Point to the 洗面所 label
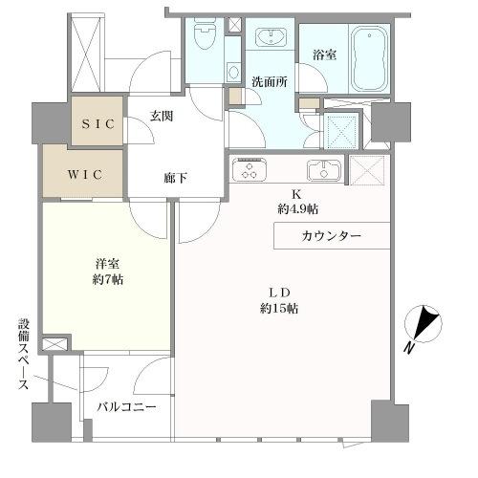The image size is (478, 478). [270, 81]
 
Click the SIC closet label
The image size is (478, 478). [98, 125]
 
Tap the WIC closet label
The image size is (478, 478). [81, 174]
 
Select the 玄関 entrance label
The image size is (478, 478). [161, 117]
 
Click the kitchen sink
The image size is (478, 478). [322, 172]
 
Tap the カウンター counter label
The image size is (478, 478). [332, 235]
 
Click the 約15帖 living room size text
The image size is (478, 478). [277, 308]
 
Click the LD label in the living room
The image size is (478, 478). [278, 291]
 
